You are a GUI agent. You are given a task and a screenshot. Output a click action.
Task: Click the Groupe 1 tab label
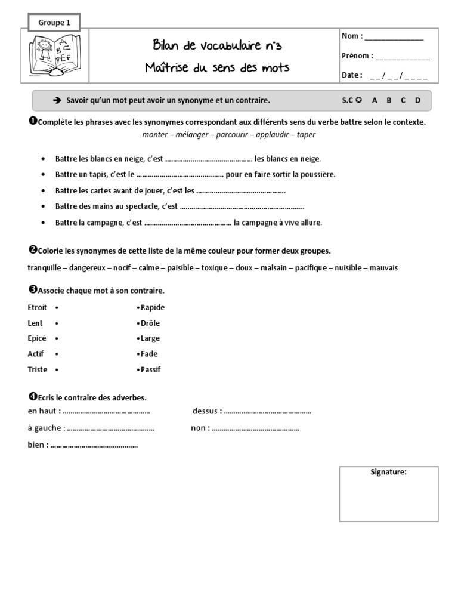[54, 23]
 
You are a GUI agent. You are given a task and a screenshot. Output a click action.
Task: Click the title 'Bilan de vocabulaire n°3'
[217, 47]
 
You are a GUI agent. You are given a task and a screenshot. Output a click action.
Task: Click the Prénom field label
[357, 56]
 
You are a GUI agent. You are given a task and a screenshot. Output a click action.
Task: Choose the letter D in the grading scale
[417, 101]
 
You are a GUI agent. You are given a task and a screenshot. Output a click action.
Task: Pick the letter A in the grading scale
[375, 101]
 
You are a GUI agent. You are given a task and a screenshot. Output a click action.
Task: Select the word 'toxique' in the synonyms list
[214, 268]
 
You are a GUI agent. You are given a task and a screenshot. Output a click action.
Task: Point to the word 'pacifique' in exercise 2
[311, 268]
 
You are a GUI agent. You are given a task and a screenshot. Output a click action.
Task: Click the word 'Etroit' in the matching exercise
[38, 308]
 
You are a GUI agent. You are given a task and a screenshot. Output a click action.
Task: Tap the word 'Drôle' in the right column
[150, 323]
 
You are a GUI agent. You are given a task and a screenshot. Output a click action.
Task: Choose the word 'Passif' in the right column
[150, 369]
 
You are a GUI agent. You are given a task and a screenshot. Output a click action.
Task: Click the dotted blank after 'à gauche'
[110, 428]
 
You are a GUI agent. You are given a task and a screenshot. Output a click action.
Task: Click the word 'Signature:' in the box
[388, 472]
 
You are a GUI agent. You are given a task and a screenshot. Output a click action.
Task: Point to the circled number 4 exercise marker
[32, 397]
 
